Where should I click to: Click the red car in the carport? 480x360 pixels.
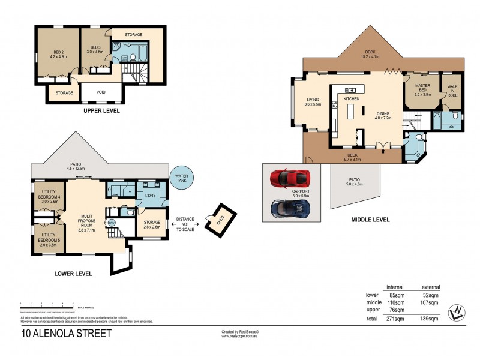290,178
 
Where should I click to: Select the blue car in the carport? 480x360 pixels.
290,208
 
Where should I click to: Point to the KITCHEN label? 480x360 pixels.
351,98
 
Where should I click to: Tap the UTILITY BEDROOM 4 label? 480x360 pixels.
49,197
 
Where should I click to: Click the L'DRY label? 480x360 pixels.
150,196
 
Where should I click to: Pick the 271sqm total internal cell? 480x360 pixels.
395,319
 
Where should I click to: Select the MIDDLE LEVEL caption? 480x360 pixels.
370,220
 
